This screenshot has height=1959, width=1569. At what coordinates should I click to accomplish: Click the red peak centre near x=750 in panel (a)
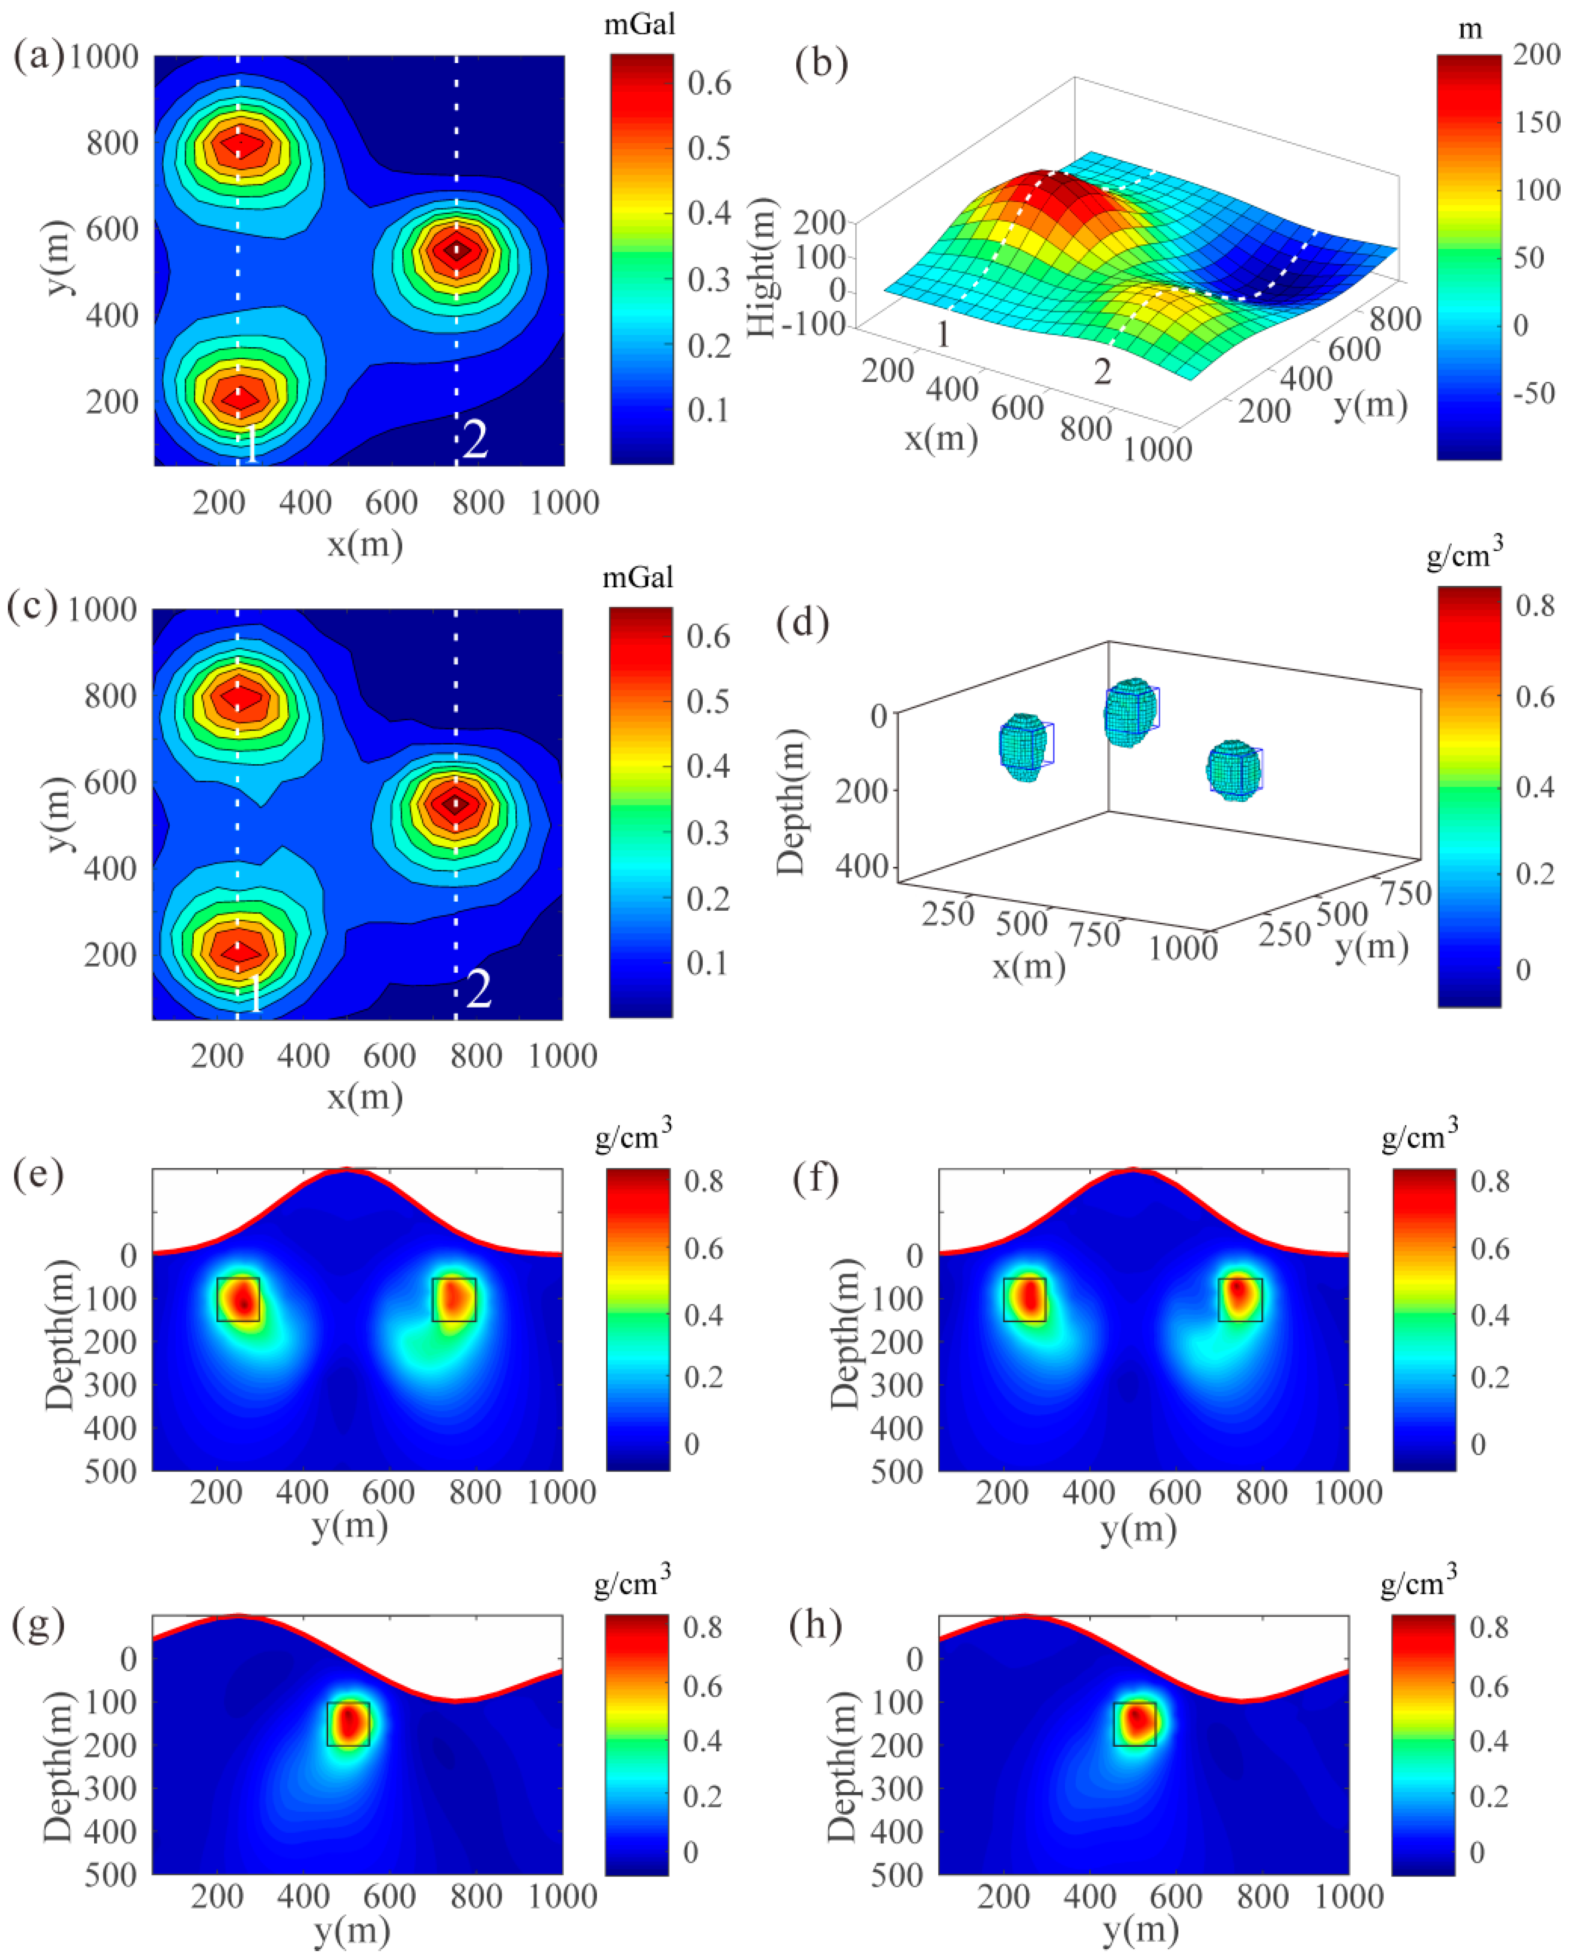(457, 249)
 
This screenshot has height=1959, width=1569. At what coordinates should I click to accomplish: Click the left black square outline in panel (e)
(238, 1300)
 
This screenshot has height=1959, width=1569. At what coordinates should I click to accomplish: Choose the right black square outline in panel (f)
(1239, 1300)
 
